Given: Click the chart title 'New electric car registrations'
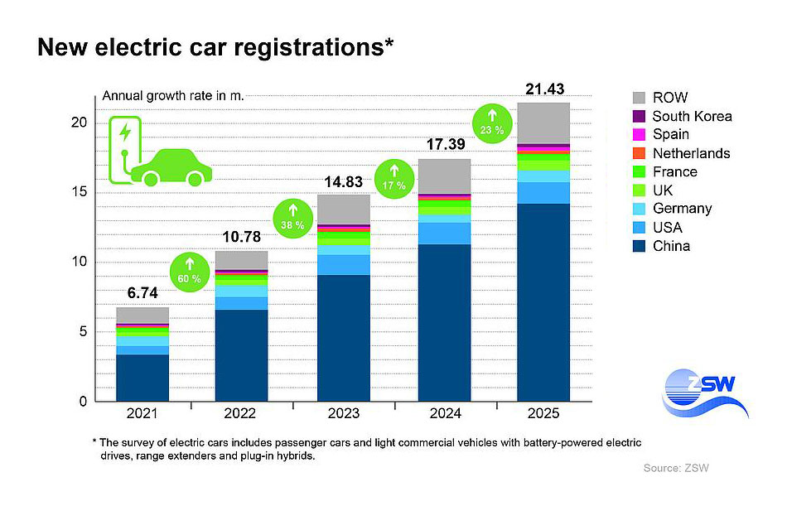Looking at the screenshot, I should coord(215,48).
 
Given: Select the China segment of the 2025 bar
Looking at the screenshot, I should coord(543,302).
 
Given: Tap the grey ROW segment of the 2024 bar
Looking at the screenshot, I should coord(444,176).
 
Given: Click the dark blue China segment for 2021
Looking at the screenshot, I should coord(142,378).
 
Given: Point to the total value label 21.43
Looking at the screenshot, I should coord(543,89).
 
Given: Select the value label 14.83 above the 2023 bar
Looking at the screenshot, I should coord(343,181).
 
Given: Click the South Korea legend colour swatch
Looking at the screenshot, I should coord(638,116).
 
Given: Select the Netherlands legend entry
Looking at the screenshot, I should coord(691,153).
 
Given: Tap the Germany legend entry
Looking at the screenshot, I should coord(682,209).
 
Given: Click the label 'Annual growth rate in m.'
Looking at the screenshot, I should coord(161,96).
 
